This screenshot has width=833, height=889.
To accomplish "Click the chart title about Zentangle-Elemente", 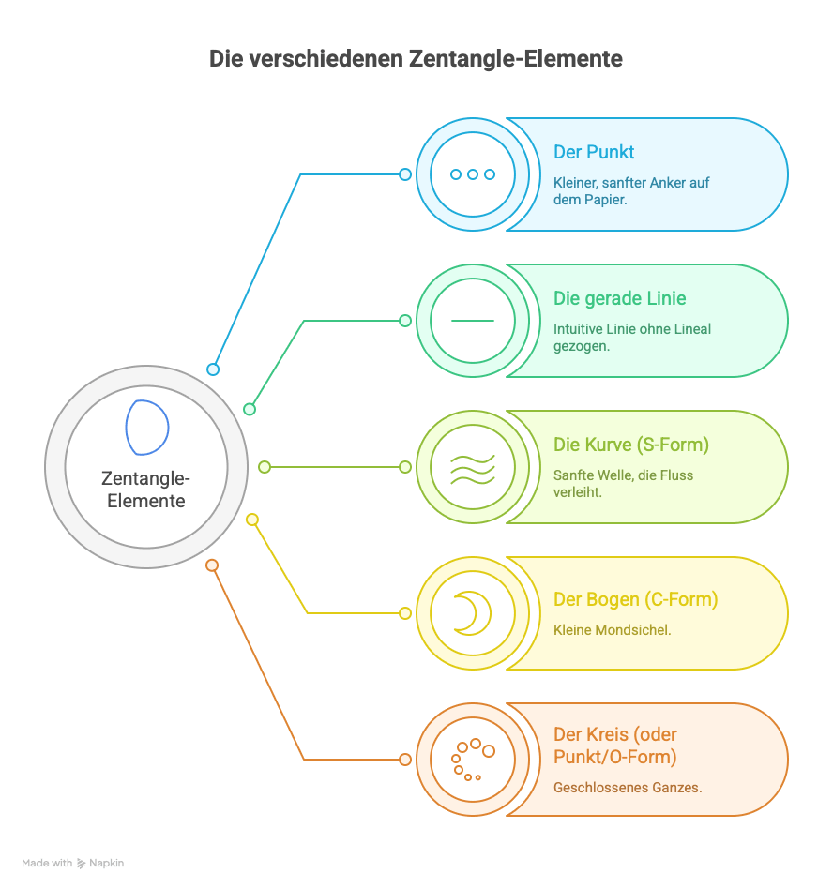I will point(416,59).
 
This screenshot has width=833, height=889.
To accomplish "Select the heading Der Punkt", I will point(594,152).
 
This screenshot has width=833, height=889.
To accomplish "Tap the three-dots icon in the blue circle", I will point(472,174).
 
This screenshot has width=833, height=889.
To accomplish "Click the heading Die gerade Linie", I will point(619,298).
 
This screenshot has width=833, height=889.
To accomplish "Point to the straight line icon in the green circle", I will point(472,321).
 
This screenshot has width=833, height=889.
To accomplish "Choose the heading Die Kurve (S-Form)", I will point(630,444).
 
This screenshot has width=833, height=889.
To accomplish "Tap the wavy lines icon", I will point(472,467).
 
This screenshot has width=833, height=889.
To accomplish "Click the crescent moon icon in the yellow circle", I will point(470,613).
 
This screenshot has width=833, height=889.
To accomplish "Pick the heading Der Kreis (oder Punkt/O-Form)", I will point(614,746).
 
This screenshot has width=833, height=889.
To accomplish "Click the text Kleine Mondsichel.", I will point(612,630).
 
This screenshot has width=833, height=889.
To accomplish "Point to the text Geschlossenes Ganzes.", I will point(627,788).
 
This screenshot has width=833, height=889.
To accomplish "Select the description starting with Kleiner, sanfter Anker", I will point(630,191).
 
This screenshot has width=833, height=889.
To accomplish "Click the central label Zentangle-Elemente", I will point(145,490).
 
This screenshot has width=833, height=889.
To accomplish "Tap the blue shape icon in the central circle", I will point(147,427).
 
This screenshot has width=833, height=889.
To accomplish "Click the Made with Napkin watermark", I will point(73,863).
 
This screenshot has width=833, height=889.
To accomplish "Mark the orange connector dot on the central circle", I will point(212,565).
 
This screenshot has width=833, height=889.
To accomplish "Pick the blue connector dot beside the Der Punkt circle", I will point(405,174).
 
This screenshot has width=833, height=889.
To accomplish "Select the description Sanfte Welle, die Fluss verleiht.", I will point(623,483).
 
